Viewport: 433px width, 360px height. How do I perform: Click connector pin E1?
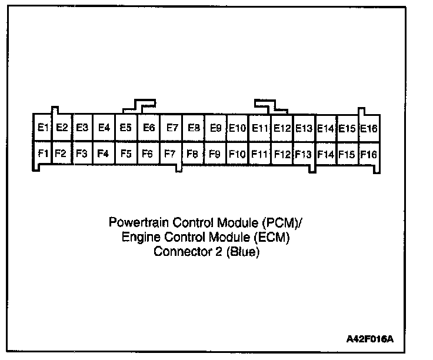click(x=42, y=128)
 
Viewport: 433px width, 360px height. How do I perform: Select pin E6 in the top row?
click(x=149, y=128)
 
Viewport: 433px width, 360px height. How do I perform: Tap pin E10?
click(x=237, y=128)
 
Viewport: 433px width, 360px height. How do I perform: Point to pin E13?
click(x=304, y=128)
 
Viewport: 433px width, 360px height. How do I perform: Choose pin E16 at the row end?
click(x=369, y=128)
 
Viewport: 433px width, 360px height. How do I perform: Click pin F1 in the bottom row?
click(x=42, y=154)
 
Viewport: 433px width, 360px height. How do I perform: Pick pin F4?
click(x=104, y=154)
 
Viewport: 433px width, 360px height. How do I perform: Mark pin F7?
click(x=170, y=154)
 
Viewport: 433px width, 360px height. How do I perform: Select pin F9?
click(x=215, y=154)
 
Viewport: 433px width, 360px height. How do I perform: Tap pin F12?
click(x=282, y=154)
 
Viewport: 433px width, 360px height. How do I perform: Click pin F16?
click(x=369, y=154)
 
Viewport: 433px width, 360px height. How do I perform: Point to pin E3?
click(x=82, y=128)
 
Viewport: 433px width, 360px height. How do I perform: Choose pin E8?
click(x=193, y=128)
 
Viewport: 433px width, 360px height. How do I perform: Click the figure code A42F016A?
click(x=370, y=340)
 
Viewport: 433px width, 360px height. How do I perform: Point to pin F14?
click(x=325, y=154)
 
